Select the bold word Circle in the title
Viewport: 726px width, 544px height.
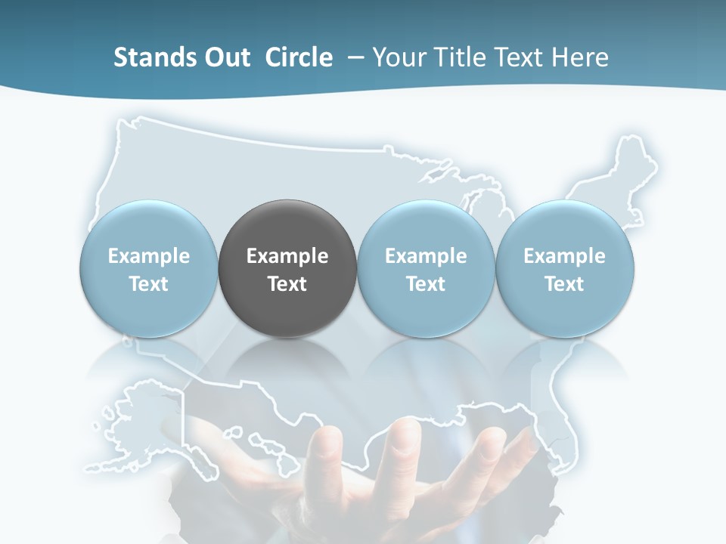click(x=299, y=57)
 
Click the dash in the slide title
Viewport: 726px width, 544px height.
click(x=355, y=57)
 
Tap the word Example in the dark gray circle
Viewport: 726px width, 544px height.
click(x=287, y=256)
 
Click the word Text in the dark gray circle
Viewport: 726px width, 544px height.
click(x=287, y=284)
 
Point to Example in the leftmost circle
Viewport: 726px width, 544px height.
click(x=149, y=256)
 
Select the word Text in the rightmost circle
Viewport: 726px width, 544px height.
click(x=565, y=284)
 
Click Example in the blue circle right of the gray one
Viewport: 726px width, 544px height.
click(x=426, y=256)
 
